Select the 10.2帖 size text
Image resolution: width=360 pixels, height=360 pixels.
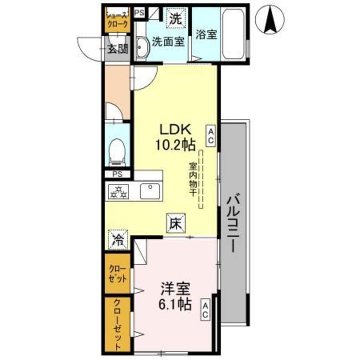coord(176,145)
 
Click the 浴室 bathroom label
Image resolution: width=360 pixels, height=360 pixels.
coord(206,34)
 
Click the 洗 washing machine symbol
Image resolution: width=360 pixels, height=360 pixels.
coord(174,18)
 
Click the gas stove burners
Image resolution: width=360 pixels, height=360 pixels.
coord(118,191)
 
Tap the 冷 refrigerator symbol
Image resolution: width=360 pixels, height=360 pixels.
coord(117,239)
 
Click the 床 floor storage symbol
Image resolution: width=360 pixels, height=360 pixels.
coord(176,222)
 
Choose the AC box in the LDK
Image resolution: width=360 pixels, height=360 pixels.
coord(211,135)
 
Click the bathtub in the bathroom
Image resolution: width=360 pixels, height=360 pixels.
coord(234,31)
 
